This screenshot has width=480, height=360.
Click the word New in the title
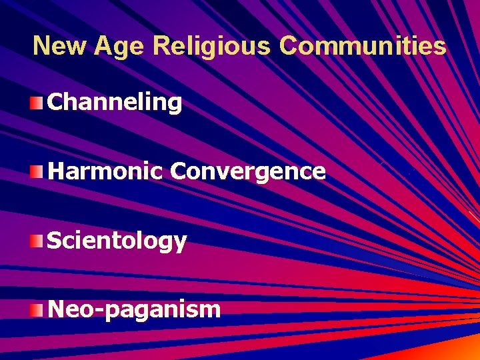[61, 46]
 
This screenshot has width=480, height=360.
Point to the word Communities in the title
[363, 46]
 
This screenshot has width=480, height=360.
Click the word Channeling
[115, 102]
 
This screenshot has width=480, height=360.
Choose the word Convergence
[248, 171]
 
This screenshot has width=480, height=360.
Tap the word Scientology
[117, 241]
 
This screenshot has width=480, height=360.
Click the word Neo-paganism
[134, 309]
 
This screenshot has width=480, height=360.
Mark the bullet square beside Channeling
[36, 103]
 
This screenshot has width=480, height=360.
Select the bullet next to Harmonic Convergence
[36, 172]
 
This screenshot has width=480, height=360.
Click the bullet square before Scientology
[36, 241]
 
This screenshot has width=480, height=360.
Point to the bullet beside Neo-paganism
[36, 309]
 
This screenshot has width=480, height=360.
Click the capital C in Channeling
[57, 102]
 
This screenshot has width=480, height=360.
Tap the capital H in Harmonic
[57, 171]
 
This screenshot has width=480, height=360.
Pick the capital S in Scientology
[56, 240]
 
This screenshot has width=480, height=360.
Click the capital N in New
[43, 46]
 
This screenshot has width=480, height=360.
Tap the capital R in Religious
[161, 46]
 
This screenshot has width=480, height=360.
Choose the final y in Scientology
[179, 243]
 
